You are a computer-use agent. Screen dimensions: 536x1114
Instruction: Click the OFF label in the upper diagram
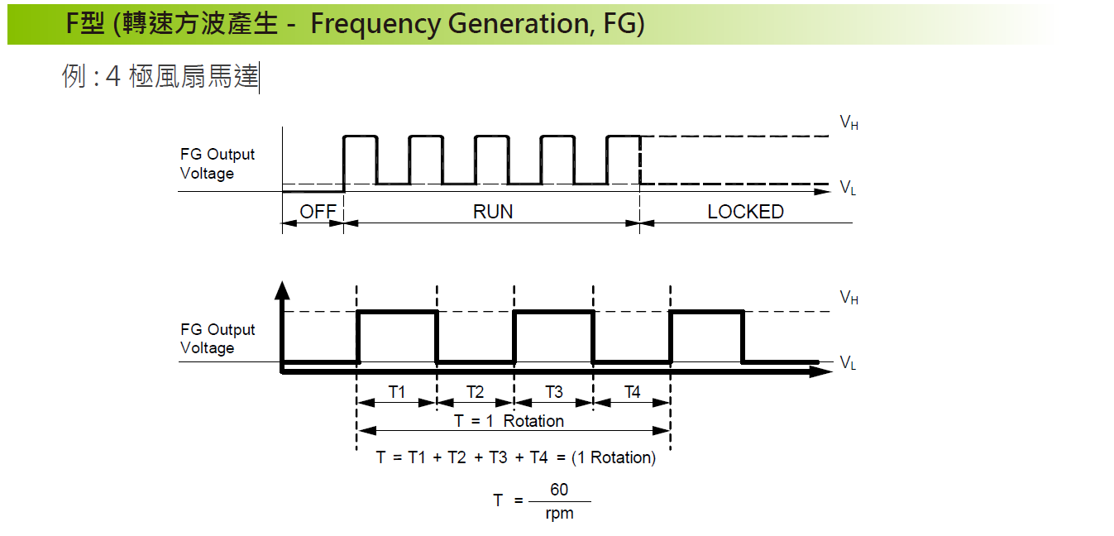click(x=318, y=212)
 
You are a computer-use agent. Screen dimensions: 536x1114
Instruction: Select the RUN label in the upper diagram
click(x=493, y=212)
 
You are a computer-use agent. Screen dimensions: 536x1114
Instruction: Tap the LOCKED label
click(x=745, y=212)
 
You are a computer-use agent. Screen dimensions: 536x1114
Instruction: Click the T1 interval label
click(x=397, y=392)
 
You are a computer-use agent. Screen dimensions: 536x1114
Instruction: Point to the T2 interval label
click(x=475, y=392)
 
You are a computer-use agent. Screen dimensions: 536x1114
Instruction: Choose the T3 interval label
click(x=553, y=392)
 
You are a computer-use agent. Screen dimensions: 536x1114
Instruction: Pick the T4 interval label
click(x=632, y=392)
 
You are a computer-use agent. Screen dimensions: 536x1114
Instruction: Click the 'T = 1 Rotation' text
click(x=509, y=421)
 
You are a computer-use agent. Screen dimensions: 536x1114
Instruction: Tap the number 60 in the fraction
click(x=559, y=490)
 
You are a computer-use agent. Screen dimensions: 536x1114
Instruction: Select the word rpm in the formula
click(x=559, y=514)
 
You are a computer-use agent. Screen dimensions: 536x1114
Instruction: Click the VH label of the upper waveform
click(x=849, y=123)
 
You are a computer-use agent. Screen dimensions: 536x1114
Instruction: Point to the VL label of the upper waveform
click(x=848, y=189)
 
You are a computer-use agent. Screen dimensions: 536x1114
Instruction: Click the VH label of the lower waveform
click(x=849, y=298)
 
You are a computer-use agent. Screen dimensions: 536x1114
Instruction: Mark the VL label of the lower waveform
click(x=848, y=363)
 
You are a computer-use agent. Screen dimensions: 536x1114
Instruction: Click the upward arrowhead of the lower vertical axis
click(x=282, y=290)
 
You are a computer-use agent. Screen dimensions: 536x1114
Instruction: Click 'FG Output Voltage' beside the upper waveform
click(x=218, y=164)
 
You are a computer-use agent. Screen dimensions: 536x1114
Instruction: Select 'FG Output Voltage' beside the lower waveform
click(x=218, y=338)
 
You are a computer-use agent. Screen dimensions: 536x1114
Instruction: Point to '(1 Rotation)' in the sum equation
click(x=613, y=457)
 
